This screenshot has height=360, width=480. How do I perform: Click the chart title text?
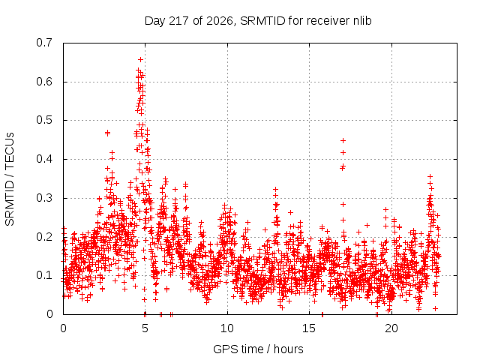pyautogui.click(x=258, y=21)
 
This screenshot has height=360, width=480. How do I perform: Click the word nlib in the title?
pyautogui.click(x=362, y=21)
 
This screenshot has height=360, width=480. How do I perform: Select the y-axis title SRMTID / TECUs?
pyautogui.click(x=10, y=179)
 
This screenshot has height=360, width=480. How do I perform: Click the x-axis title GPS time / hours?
pyautogui.click(x=258, y=349)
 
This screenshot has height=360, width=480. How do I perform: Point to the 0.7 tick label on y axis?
pyautogui.click(x=44, y=43)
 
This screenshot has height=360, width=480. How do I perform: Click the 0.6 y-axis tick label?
pyautogui.click(x=44, y=82)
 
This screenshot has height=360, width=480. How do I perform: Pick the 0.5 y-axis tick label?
pyautogui.click(x=44, y=120)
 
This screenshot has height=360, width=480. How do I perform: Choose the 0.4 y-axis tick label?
pyautogui.click(x=44, y=159)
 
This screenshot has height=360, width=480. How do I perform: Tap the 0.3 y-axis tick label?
pyautogui.click(x=44, y=198)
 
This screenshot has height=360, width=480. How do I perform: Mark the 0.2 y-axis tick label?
pyautogui.click(x=44, y=237)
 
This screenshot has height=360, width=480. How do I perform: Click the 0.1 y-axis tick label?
pyautogui.click(x=44, y=275)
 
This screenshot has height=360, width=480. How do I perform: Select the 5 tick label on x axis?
pyautogui.click(x=145, y=328)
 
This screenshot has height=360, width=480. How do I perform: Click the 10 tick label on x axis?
pyautogui.click(x=227, y=328)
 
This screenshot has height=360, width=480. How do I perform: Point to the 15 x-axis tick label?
pyautogui.click(x=309, y=328)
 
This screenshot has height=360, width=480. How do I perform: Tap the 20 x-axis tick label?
pyautogui.click(x=391, y=328)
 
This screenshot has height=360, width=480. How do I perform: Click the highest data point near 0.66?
pyautogui.click(x=140, y=59)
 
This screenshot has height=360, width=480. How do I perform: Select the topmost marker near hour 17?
pyautogui.click(x=343, y=140)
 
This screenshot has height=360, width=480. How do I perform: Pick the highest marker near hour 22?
pyautogui.click(x=430, y=176)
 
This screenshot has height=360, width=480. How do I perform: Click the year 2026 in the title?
pyautogui.click(x=220, y=21)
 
